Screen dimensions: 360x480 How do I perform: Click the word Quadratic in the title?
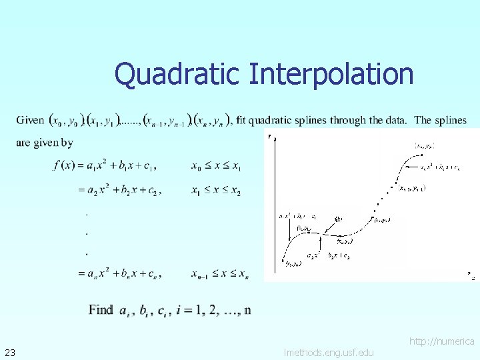(177, 74)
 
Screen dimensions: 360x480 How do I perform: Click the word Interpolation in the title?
(331, 74)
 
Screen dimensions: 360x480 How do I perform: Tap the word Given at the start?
(30, 121)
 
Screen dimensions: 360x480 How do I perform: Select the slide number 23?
(10, 351)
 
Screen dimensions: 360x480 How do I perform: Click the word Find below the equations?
(101, 309)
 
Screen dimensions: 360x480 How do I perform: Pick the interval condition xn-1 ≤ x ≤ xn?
(219, 273)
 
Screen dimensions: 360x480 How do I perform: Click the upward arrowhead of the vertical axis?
(270, 137)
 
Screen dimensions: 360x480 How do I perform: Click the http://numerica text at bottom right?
(441, 341)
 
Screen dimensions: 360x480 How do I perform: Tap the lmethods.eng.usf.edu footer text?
(329, 352)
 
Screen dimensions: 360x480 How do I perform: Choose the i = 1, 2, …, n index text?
(213, 309)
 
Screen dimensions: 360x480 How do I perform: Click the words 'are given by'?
(45, 142)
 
